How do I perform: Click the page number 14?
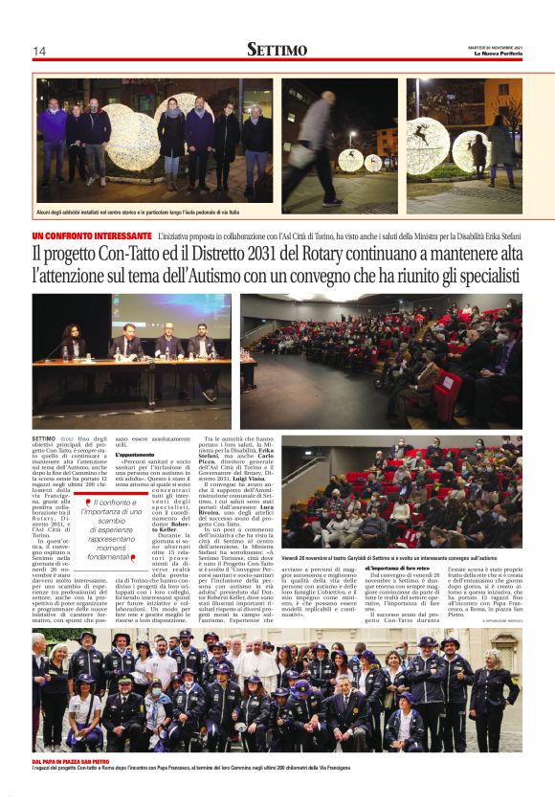(x=39, y=51)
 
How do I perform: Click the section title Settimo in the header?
(x=277, y=50)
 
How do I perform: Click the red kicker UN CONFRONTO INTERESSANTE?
(x=92, y=235)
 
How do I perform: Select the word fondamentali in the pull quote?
(x=108, y=556)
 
